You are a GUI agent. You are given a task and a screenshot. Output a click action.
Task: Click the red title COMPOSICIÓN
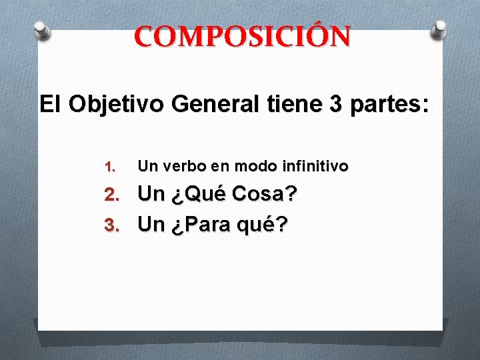tap(241, 38)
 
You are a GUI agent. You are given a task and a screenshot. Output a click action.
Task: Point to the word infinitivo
tap(312, 166)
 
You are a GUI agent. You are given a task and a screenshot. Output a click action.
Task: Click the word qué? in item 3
tap(264, 225)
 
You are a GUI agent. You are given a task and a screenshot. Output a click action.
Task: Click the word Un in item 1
tap(146, 166)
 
